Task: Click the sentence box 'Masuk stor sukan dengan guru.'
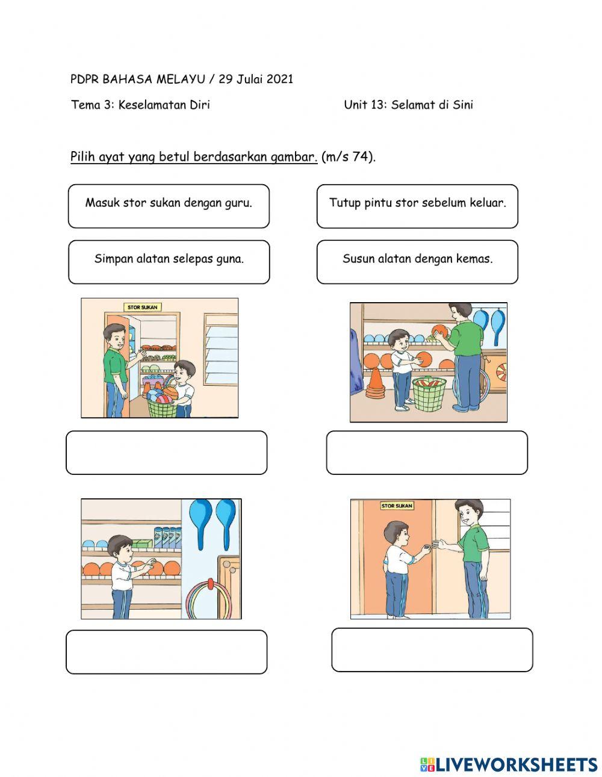coord(169,206)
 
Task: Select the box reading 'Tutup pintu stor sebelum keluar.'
coord(417,206)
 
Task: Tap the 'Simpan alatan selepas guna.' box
coord(169,262)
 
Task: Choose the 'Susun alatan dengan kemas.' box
coord(417,262)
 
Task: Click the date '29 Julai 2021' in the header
coord(256,79)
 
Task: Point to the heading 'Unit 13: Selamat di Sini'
coord(408,105)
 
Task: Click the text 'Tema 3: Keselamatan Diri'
coord(140,105)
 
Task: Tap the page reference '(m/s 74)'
coord(349,156)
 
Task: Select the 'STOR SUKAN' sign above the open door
coord(143,307)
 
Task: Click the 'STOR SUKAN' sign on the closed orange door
coord(397,506)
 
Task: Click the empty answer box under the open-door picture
coord(167,453)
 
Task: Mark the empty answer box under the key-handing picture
coord(432,649)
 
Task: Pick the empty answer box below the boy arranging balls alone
coord(167,652)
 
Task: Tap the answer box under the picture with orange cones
coord(427,453)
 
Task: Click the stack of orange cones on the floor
coord(375,383)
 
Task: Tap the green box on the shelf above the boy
coord(142,543)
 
